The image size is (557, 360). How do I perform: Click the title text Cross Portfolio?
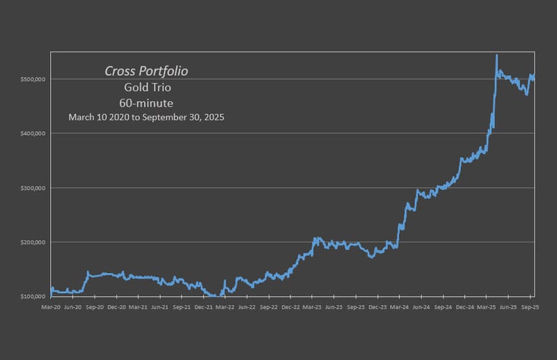point(146,71)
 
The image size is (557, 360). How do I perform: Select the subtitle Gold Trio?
point(146,87)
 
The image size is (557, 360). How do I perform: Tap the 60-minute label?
point(146,102)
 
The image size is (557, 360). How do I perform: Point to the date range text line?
point(146,117)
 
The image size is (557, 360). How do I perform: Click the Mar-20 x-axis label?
point(51,306)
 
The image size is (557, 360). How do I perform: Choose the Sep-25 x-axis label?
point(530,306)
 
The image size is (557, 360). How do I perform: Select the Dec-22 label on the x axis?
point(290,306)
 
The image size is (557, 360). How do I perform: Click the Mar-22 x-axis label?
point(225,306)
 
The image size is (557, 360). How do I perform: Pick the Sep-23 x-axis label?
point(356,306)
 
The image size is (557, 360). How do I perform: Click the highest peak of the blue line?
point(496,55)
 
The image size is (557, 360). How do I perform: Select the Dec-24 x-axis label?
point(464,306)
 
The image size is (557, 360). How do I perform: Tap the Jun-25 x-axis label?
point(508,306)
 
